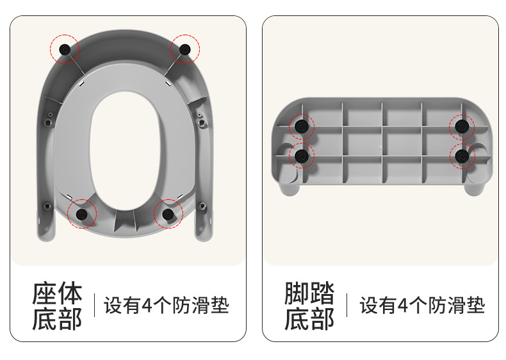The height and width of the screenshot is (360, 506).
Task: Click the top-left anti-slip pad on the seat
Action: coord(65,49)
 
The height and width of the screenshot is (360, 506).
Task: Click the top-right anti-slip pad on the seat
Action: coord(184,49)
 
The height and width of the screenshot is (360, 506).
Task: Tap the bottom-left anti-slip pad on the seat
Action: coord(81,214)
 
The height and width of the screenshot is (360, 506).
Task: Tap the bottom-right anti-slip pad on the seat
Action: coord(168,214)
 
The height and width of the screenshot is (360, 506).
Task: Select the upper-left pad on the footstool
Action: coord(302,126)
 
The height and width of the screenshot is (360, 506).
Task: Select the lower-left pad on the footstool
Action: coord(302,156)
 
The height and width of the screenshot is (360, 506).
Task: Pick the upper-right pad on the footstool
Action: coord(462,126)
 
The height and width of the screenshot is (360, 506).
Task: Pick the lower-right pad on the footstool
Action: coord(462,156)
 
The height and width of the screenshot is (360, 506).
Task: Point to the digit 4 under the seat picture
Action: coord(147,306)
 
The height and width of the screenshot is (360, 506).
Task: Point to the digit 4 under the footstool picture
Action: coord(403,306)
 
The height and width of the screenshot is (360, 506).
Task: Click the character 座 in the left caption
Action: coord(45,293)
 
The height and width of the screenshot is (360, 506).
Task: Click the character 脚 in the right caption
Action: coord(297,293)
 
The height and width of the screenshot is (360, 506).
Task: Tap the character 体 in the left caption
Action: coord(70,293)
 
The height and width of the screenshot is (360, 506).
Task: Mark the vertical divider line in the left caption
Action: coord(95,305)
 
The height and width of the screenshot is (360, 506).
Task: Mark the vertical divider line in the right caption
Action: coord(347,305)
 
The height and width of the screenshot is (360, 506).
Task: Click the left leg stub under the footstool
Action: coord(290,189)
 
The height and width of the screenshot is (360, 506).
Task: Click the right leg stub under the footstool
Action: coord(474,189)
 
